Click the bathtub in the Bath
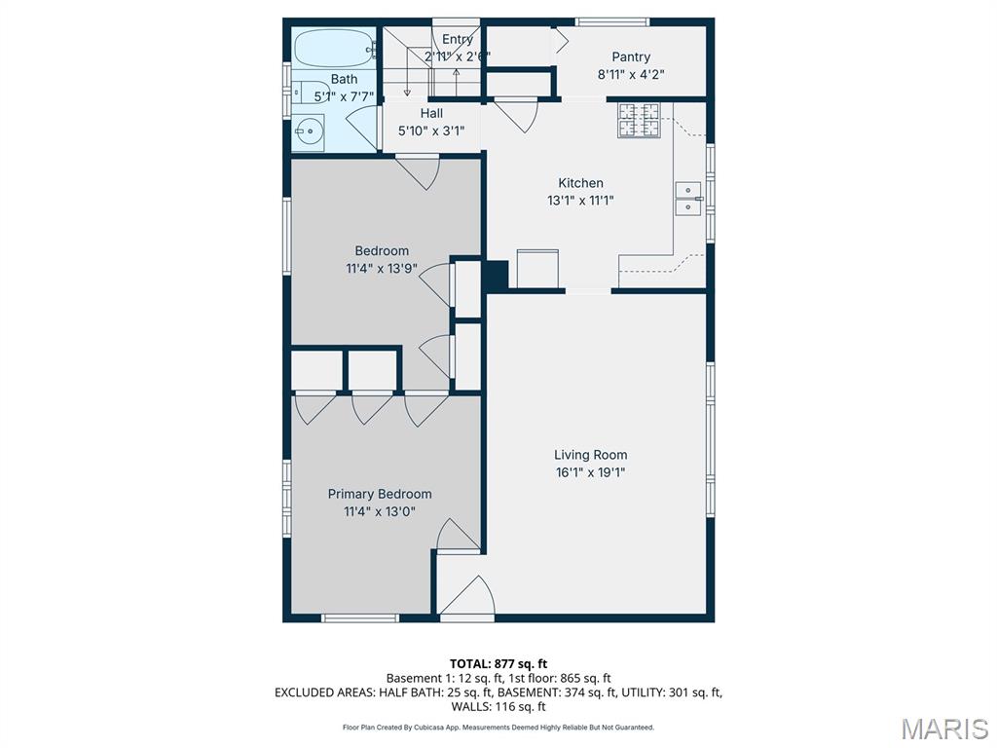335,48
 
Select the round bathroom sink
309,132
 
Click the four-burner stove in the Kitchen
639,120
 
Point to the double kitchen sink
688,199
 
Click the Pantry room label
631,56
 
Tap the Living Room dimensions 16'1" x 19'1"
590,472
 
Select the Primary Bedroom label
380,494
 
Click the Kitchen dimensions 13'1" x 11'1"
580,201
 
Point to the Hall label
431,113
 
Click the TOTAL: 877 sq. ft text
498,664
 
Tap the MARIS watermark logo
944,729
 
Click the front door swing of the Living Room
468,596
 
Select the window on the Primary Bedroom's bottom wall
360,617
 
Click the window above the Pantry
612,22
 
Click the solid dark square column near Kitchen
495,276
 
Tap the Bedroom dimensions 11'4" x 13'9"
382,269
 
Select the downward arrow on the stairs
407,72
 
